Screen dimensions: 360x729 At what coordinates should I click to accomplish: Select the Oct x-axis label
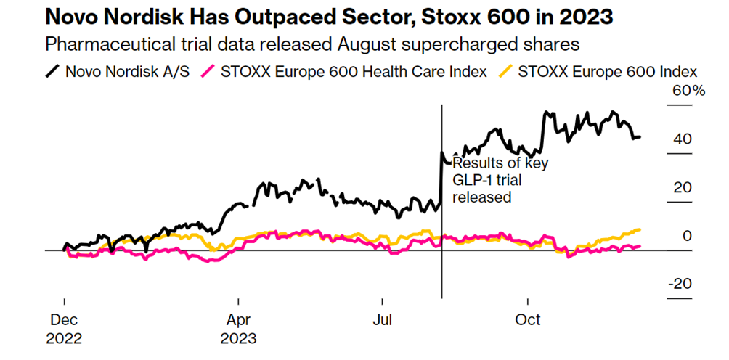(x=528, y=320)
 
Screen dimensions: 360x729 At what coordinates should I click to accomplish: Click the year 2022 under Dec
(x=64, y=337)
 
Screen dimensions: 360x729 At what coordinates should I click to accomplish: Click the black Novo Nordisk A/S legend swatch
(x=52, y=71)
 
